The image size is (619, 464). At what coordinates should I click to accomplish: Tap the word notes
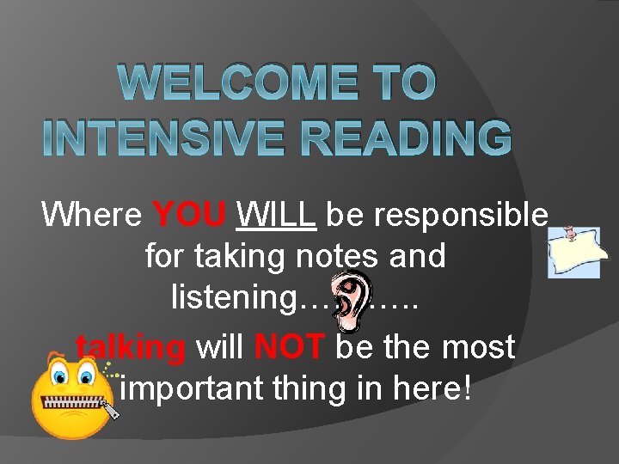327,256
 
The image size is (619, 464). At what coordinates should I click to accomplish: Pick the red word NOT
290,347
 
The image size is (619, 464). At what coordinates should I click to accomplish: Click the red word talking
132,348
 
